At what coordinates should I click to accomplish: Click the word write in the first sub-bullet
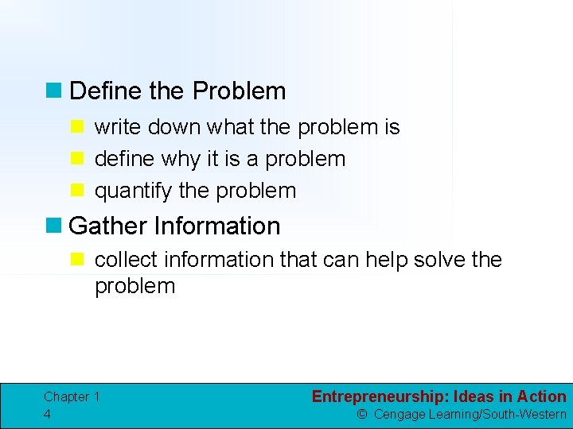tap(115, 127)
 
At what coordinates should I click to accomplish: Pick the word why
tap(181, 159)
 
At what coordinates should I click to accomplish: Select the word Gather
tap(108, 226)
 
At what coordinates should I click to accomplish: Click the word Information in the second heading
tap(217, 226)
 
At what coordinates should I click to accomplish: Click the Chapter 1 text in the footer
tap(72, 396)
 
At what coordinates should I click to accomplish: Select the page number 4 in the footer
tap(48, 414)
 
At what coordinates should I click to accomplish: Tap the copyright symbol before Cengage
tap(361, 414)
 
